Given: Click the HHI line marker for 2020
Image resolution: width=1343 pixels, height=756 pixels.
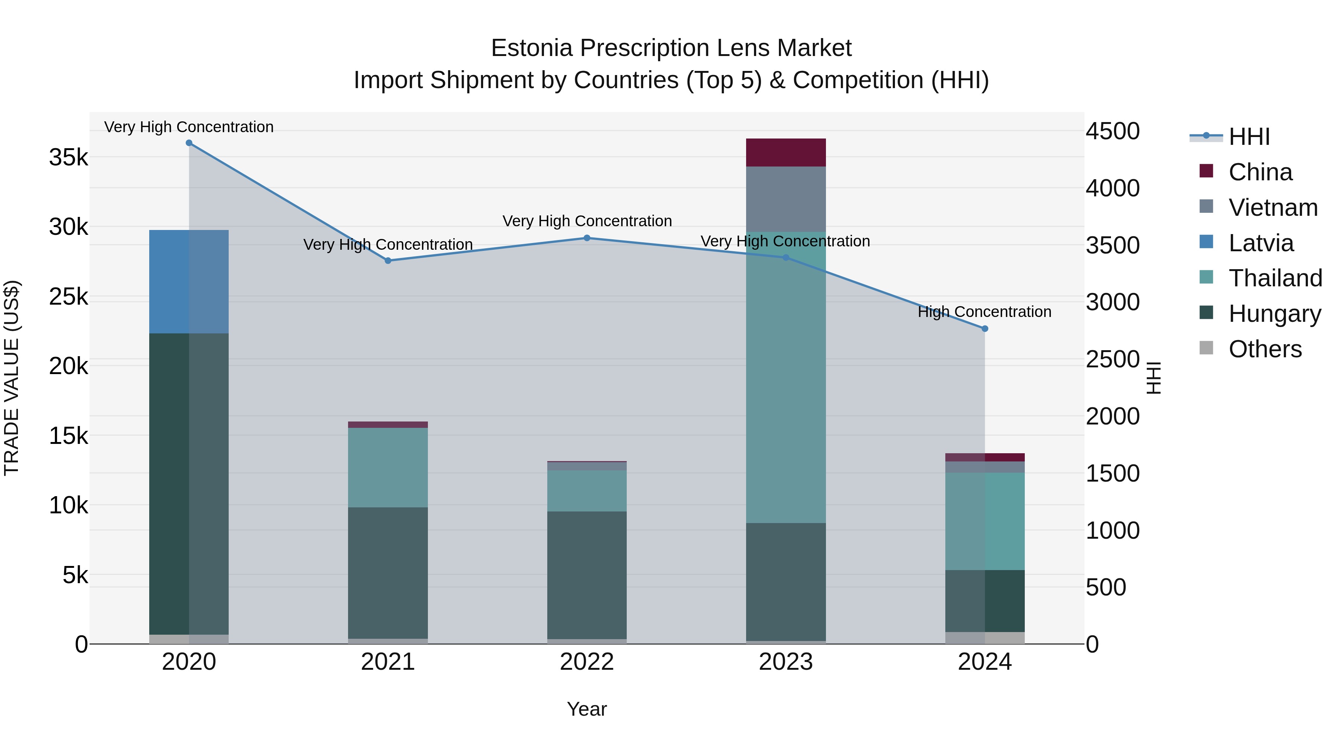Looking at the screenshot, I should tap(189, 143).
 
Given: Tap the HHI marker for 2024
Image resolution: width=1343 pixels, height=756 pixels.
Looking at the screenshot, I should tap(984, 329).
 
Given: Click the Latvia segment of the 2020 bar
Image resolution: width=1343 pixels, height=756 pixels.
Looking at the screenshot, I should tap(189, 282).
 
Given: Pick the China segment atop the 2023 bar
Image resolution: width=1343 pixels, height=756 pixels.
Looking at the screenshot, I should tap(786, 152).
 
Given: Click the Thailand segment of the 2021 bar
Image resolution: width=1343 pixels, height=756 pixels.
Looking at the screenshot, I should tap(388, 467).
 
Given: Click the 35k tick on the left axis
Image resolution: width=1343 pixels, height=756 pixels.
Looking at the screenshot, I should tap(68, 157).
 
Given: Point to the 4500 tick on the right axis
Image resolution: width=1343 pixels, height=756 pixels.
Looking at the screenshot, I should tap(1112, 131).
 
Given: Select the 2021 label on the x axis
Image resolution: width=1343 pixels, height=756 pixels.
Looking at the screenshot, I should tap(388, 662).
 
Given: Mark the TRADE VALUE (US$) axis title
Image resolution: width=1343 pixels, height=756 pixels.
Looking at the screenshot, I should tap(12, 378).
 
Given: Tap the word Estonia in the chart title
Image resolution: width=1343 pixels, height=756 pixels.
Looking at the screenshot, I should tap(532, 48).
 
